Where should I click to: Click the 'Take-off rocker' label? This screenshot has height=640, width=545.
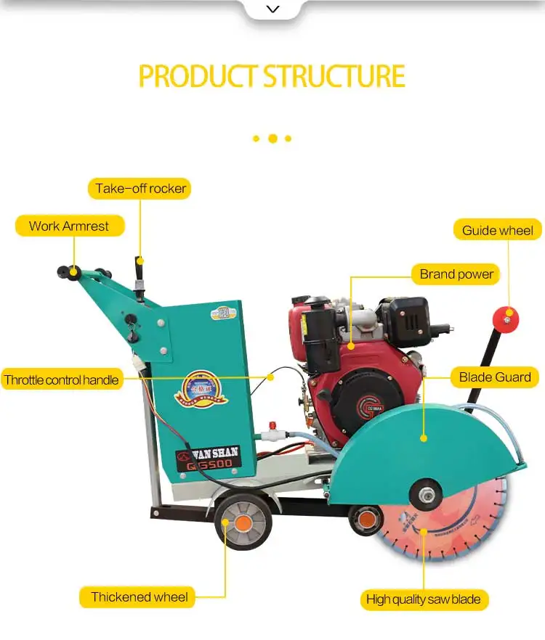141,189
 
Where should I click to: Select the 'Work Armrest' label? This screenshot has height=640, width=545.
69,226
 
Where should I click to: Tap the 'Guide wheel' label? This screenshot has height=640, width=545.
498,231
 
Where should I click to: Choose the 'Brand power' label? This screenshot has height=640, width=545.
456,274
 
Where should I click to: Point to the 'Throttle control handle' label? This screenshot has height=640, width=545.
61,380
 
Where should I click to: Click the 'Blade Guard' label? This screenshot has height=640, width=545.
495,377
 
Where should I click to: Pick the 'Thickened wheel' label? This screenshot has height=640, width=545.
139,598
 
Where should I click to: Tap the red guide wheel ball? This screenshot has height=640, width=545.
504,317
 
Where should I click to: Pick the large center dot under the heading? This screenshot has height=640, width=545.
272,138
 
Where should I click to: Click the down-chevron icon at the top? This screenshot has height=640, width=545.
272,9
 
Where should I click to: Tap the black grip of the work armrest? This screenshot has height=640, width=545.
72,272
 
